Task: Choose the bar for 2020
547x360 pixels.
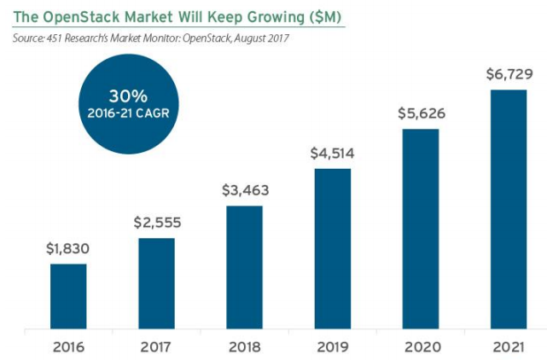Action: click(x=420, y=229)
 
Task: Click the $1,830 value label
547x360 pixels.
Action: click(x=67, y=250)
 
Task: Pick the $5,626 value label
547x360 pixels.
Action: click(x=420, y=114)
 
